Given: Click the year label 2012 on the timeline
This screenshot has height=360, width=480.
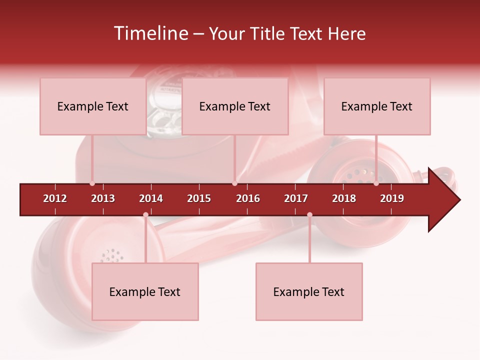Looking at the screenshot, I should click(x=55, y=198).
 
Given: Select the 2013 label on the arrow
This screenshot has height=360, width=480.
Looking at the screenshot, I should click(x=103, y=198).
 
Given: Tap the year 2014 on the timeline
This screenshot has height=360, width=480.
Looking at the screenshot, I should click(x=151, y=198).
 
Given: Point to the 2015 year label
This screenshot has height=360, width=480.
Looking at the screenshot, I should click(x=199, y=198).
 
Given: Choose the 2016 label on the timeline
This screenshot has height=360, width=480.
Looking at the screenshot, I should click(x=248, y=198).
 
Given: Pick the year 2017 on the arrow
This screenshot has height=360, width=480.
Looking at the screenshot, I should click(x=296, y=198).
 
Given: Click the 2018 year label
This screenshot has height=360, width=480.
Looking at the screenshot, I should click(x=344, y=198).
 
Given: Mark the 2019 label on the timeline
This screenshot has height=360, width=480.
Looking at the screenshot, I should click(x=392, y=198).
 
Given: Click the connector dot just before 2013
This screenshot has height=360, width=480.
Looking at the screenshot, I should click(x=92, y=183).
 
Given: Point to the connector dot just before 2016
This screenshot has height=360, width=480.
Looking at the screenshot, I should click(x=234, y=183).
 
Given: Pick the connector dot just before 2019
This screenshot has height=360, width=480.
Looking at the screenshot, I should click(x=376, y=183).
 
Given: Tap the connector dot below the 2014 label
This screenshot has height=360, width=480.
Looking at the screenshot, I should click(x=145, y=215).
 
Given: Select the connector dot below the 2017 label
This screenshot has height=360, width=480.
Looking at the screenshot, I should click(x=309, y=215).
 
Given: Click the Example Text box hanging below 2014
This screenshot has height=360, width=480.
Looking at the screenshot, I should click(x=145, y=291).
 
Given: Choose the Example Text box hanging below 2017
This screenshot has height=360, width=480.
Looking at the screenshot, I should click(x=309, y=291).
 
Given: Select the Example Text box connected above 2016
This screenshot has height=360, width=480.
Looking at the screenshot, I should click(x=235, y=106).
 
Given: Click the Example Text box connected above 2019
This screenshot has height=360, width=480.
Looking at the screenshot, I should click(x=377, y=106).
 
